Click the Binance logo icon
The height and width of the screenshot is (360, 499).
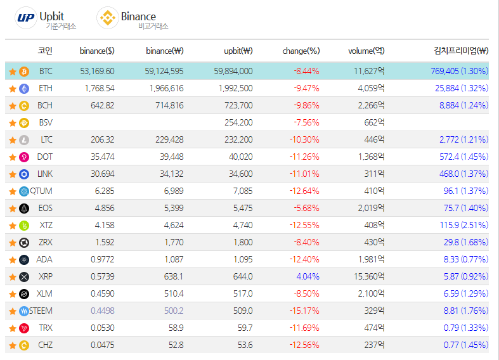[x=107, y=17]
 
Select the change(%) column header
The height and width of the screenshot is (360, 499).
[x=301, y=51]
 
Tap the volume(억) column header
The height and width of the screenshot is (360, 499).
[x=366, y=51]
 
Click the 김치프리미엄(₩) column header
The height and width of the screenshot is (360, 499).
[x=460, y=51]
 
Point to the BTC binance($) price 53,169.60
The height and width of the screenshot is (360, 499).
[x=97, y=71]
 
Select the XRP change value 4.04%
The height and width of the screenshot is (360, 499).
[x=308, y=276]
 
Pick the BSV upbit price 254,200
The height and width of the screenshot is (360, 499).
[x=238, y=122]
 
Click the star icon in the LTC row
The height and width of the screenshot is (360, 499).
[x=12, y=139]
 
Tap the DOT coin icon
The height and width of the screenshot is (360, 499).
[x=24, y=157]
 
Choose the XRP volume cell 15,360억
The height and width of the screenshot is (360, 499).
[x=367, y=276]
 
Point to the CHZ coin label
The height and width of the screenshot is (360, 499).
[x=45, y=345]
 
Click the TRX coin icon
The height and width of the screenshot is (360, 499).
[x=24, y=328]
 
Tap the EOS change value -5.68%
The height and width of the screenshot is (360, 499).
[x=306, y=208]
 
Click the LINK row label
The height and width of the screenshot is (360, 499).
[x=45, y=174]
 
